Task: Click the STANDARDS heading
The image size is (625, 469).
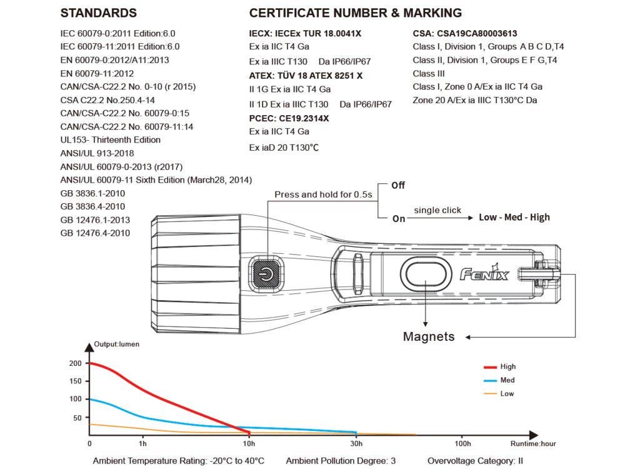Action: click(99, 13)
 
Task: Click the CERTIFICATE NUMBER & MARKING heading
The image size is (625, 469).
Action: click(356, 13)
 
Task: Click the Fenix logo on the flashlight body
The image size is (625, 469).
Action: click(484, 273)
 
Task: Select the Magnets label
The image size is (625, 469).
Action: click(428, 337)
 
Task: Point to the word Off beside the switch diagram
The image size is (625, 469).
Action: click(398, 186)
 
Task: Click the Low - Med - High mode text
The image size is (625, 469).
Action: click(514, 218)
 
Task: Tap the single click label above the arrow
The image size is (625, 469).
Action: click(437, 210)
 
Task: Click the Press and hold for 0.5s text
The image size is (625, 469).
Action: click(323, 194)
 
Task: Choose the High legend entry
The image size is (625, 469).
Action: click(507, 367)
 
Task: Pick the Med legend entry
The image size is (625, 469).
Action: click(507, 380)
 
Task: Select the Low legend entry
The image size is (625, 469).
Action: click(506, 394)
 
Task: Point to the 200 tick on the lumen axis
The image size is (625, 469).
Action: click(76, 363)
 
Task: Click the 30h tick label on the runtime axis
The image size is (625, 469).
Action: click(356, 444)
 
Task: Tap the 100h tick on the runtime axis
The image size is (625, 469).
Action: click(462, 444)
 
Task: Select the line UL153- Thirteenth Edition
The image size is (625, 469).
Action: click(111, 140)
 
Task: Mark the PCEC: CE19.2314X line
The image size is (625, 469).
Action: click(289, 118)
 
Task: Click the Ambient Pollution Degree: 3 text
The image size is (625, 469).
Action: click(341, 461)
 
